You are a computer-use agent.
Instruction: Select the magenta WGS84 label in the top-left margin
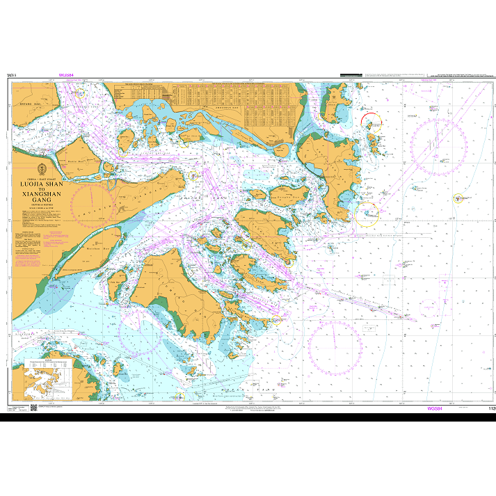point(67,74)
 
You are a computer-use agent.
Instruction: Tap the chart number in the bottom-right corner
point(491,410)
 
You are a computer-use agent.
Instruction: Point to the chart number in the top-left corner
point(10,74)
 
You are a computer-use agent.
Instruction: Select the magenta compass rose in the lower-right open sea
point(335,346)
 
